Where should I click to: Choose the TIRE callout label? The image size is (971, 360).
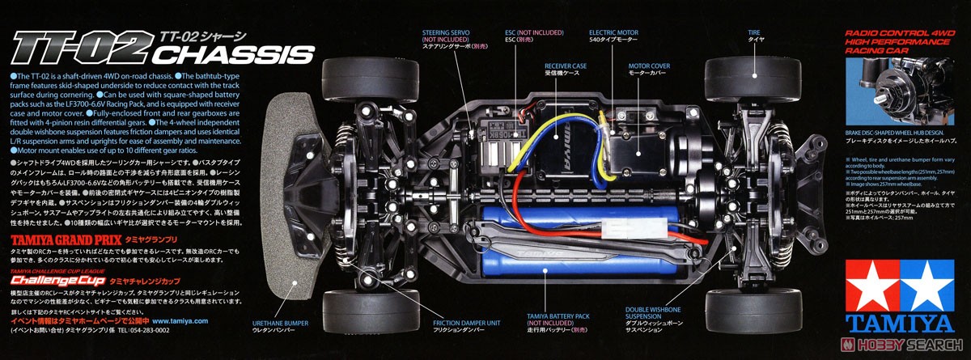click(x=754, y=34)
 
